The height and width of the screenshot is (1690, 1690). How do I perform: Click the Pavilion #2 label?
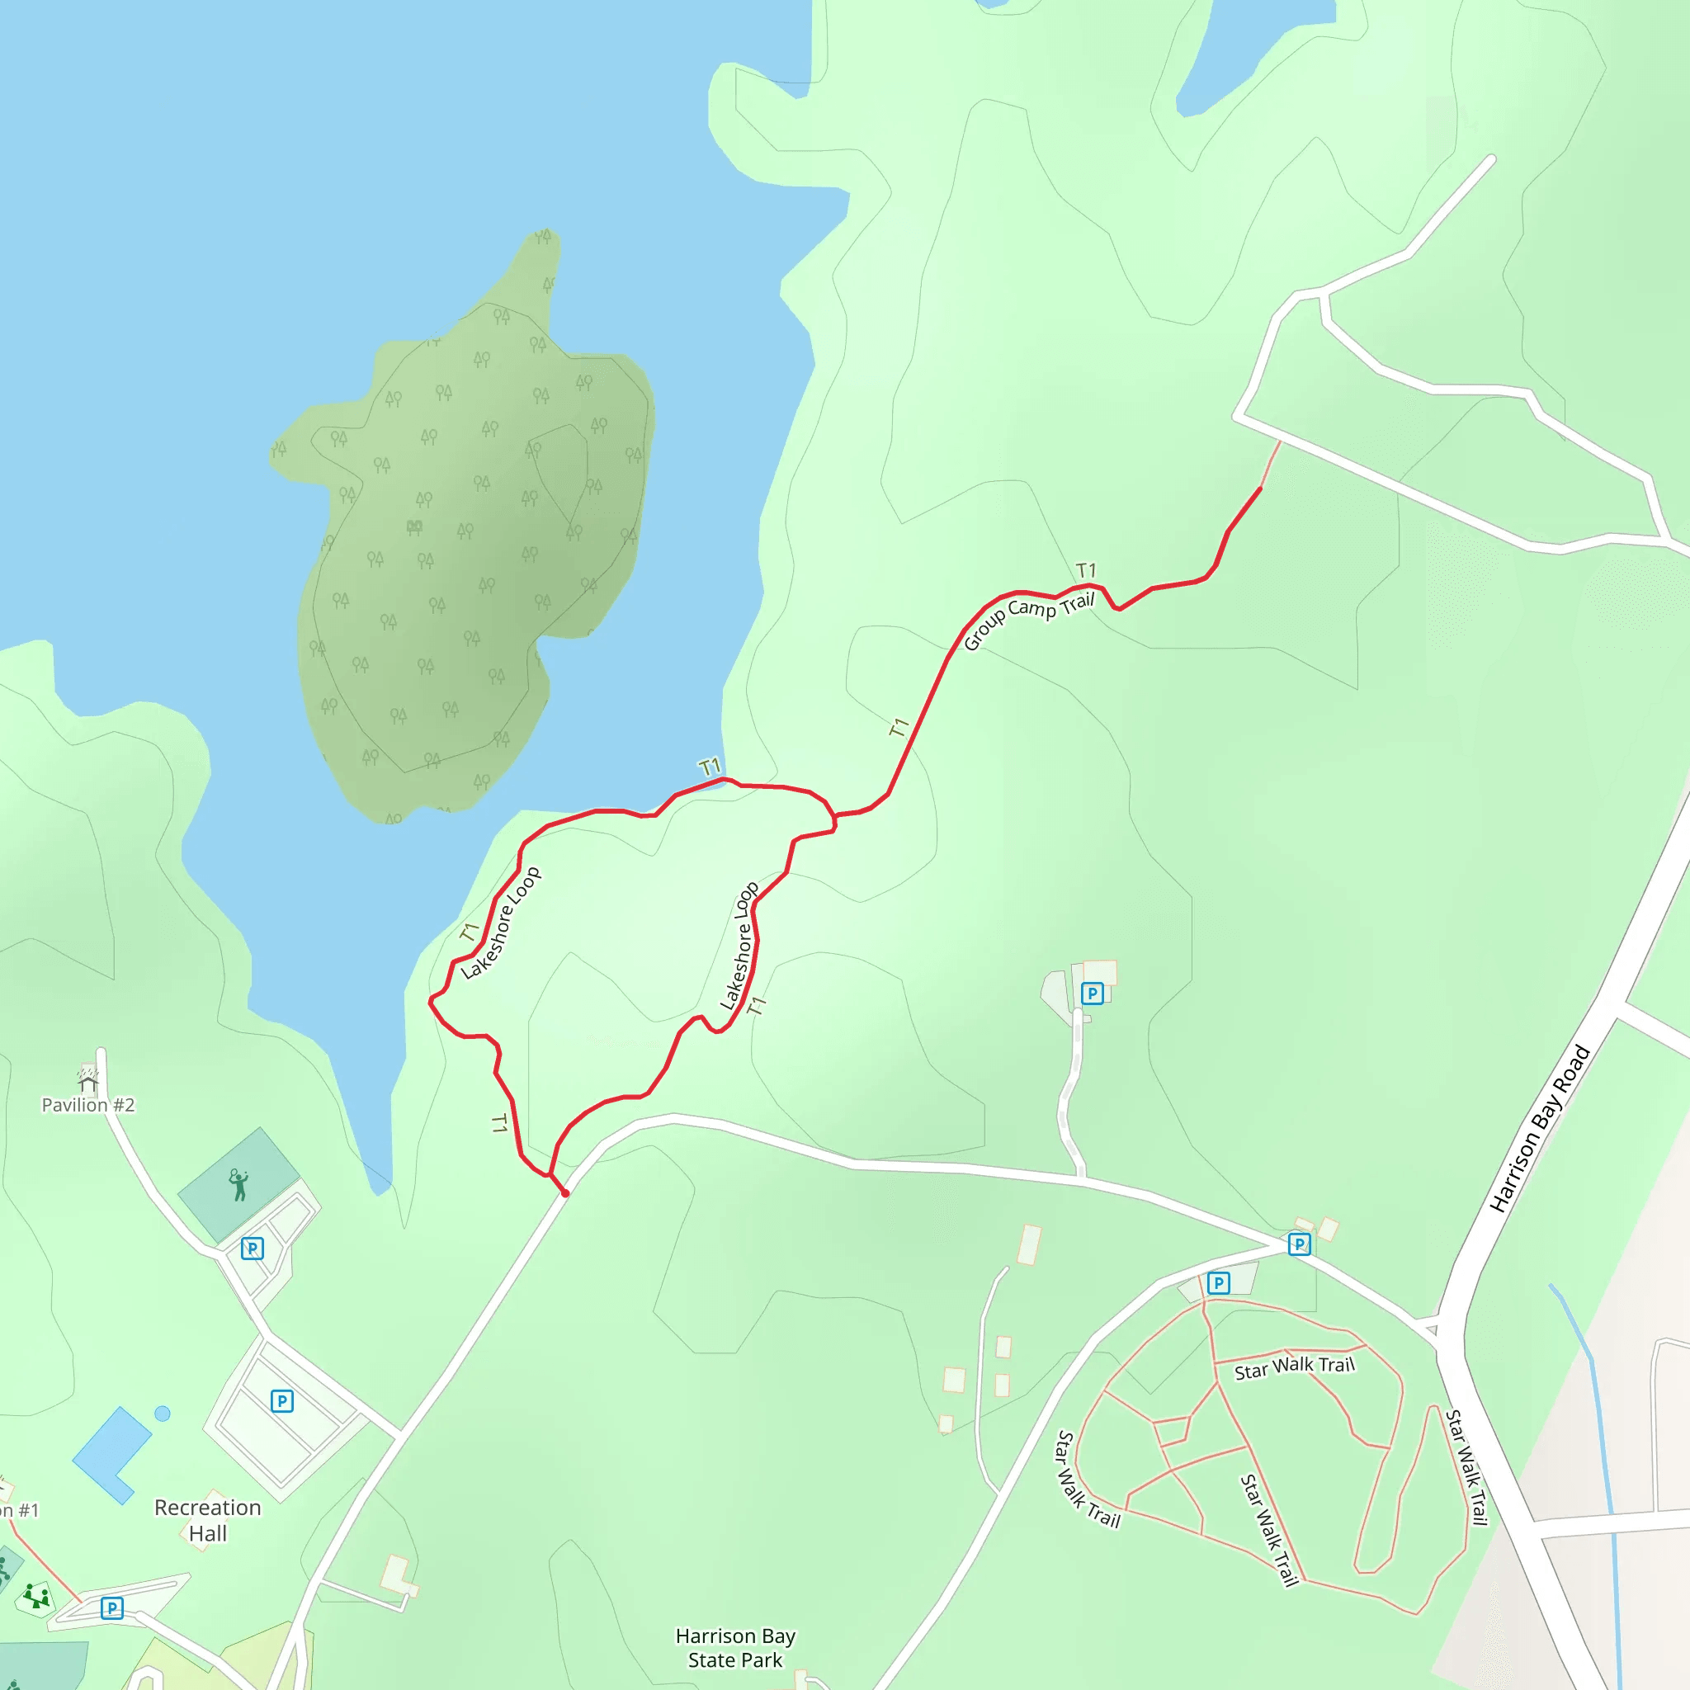point(88,1105)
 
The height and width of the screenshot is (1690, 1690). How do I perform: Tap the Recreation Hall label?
point(207,1520)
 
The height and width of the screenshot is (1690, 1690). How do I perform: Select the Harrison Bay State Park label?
point(734,1648)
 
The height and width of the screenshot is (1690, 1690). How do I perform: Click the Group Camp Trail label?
point(1029,621)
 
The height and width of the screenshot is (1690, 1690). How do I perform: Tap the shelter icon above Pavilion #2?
point(87,1078)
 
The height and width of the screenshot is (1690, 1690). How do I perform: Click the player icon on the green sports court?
point(238,1185)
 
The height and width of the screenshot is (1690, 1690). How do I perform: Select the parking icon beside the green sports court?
point(252,1249)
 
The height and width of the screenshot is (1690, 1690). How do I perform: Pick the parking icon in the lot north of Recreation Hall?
point(281,1401)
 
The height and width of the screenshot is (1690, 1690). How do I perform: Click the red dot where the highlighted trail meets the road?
point(565,1193)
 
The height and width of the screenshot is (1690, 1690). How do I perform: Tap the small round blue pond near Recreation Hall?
point(162,1413)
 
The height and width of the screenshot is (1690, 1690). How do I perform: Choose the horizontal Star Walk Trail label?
point(1294,1368)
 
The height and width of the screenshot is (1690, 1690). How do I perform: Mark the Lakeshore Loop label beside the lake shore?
point(500,923)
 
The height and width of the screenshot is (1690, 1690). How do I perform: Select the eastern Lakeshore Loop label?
point(739,946)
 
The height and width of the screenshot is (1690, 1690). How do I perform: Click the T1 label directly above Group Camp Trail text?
point(1086,570)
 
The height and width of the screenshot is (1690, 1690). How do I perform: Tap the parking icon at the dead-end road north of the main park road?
point(1092,993)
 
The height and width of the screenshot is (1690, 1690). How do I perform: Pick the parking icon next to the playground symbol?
point(112,1607)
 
